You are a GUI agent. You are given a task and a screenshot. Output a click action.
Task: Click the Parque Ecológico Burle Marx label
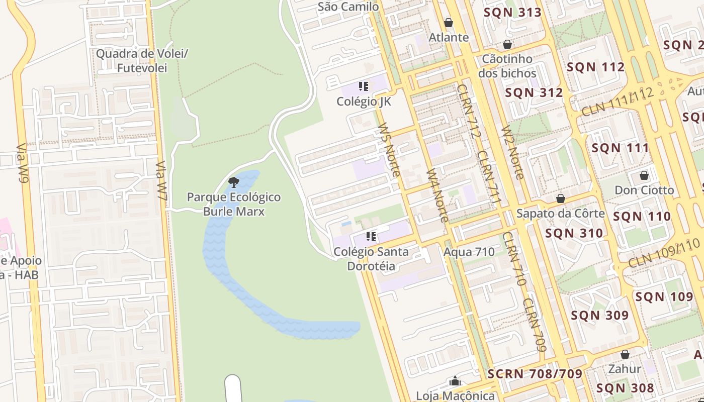click(234, 204)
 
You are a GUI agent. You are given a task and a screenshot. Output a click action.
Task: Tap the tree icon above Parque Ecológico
click(233, 182)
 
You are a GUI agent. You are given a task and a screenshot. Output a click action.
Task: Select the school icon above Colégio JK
click(364, 86)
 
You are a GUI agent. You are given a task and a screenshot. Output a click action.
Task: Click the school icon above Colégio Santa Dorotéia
click(371, 236)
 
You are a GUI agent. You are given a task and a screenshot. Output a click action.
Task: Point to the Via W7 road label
click(161, 181)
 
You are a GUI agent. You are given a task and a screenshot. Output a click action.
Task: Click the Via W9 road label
click(23, 163)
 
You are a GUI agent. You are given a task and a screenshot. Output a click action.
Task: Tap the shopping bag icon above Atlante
click(449, 23)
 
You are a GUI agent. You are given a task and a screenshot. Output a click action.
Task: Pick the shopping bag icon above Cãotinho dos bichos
click(507, 44)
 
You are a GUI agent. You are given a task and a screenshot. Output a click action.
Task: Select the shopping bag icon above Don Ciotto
click(644, 175)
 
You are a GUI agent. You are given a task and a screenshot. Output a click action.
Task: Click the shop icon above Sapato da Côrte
click(560, 199)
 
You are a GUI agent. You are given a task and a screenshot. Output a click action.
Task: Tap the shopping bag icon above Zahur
click(625, 354)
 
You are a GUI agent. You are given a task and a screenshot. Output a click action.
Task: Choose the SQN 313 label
click(512, 13)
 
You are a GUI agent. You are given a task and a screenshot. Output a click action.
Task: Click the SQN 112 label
click(595, 67)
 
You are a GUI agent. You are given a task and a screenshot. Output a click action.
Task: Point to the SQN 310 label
click(574, 233)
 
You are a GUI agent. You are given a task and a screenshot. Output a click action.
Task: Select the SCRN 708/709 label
click(535, 374)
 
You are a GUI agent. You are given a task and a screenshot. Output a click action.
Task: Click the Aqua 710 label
click(469, 252)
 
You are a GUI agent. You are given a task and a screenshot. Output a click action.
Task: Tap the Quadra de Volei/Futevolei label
click(142, 60)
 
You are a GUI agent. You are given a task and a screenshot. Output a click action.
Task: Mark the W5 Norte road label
click(390, 149)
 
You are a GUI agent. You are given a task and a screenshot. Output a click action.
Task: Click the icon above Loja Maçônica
click(455, 381)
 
